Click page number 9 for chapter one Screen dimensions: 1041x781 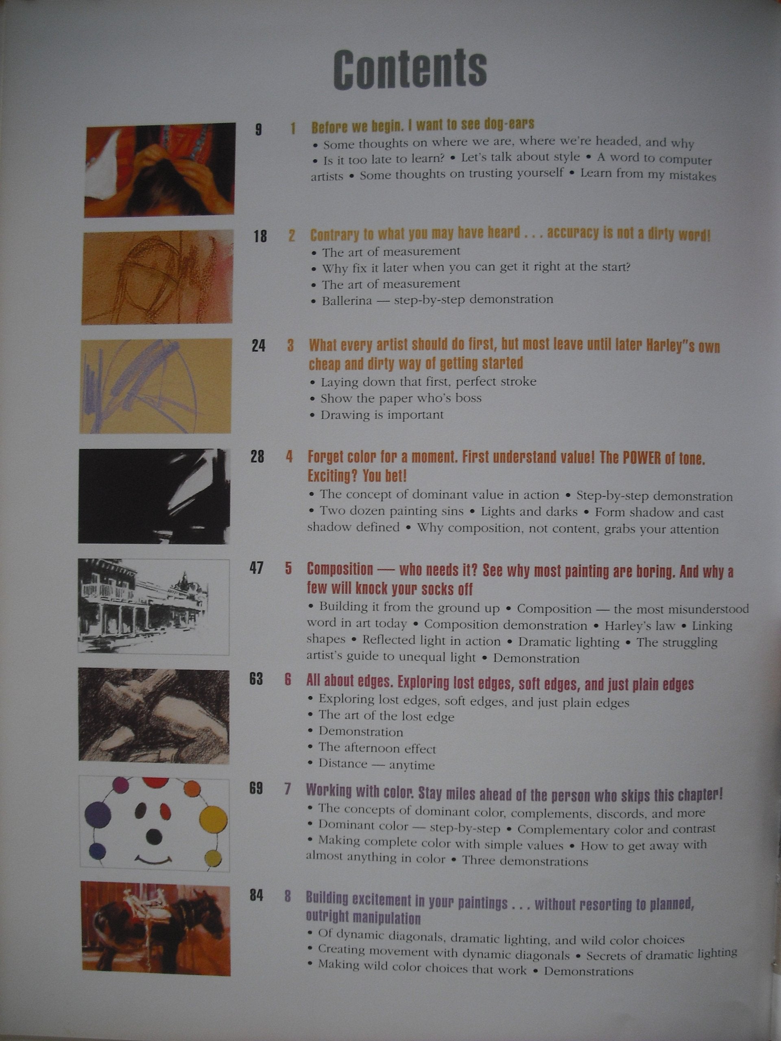click(x=258, y=129)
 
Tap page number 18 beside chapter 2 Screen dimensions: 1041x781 click(x=260, y=236)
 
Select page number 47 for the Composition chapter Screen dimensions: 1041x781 click(x=256, y=569)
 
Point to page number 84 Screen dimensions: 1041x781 click(x=256, y=895)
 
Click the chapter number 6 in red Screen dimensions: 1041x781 click(x=288, y=680)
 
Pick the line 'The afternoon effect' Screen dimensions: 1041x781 click(x=377, y=748)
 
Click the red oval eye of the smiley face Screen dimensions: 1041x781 click(x=165, y=810)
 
